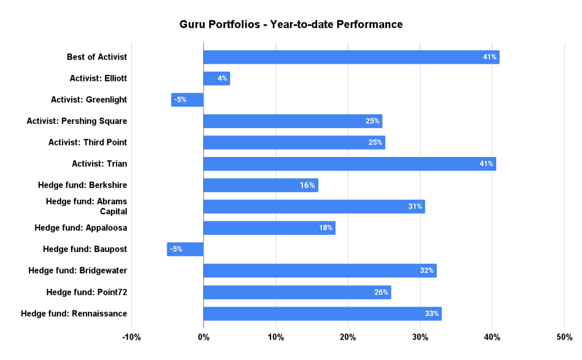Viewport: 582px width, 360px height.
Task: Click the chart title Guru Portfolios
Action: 291,24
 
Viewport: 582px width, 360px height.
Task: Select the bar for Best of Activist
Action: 351,57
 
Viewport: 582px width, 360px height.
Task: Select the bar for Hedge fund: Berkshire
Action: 260,185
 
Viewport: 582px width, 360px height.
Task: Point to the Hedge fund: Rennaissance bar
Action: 322,313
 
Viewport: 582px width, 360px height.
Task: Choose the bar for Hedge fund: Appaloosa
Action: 269,228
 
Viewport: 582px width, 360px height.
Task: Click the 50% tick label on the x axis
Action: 564,337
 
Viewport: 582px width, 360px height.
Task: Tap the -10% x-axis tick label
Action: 131,337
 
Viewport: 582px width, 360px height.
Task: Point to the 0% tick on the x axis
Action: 203,337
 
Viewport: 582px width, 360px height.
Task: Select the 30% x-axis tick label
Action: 420,337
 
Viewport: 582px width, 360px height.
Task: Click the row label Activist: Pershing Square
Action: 77,121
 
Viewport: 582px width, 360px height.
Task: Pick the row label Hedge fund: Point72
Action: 86,292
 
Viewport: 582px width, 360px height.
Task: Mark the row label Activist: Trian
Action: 99,164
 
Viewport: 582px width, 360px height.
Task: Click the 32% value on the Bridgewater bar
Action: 427,271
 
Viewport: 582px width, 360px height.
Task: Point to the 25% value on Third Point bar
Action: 375,142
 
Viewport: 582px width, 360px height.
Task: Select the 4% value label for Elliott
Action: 222,78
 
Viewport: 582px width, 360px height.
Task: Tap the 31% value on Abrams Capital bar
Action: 415,206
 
